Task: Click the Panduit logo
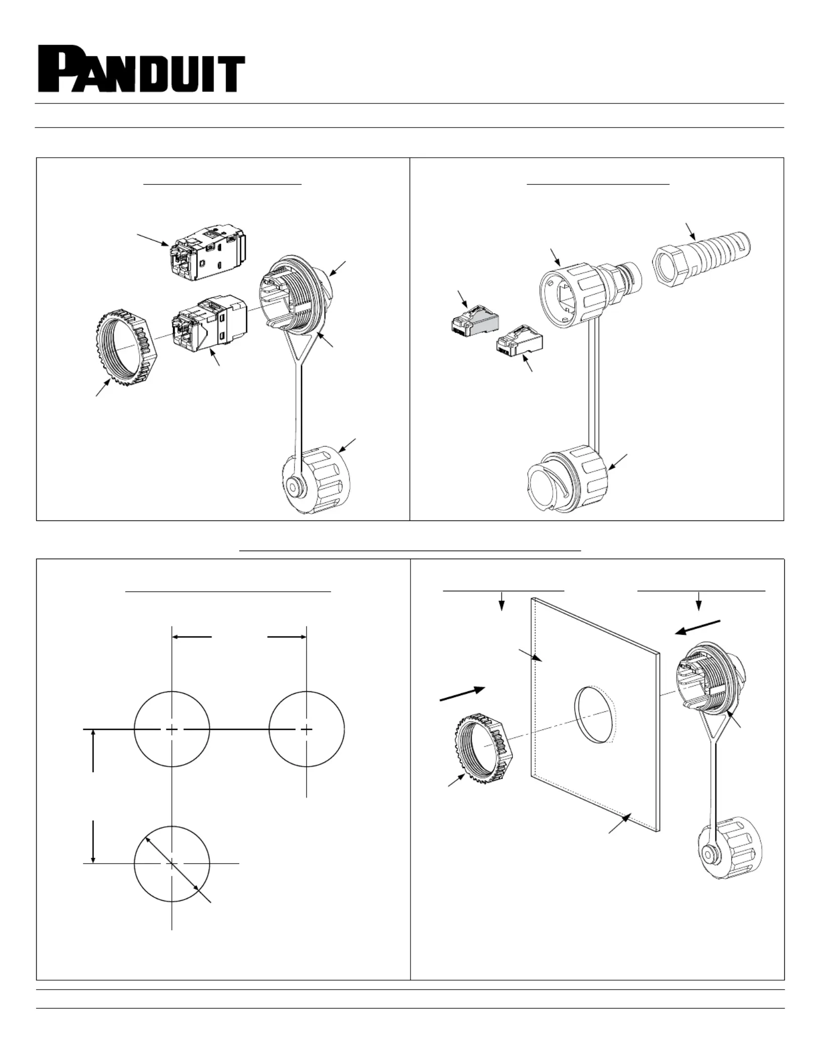coord(141,69)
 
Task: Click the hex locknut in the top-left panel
coord(127,347)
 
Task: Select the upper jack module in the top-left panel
coord(209,254)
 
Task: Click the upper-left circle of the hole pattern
coord(172,729)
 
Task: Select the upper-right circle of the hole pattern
coord(306,729)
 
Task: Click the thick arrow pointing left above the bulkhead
coord(698,627)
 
